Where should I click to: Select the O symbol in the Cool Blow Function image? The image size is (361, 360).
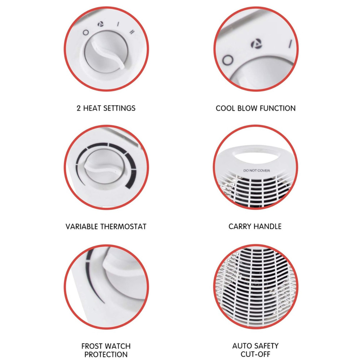pyautogui.click(x=227, y=60)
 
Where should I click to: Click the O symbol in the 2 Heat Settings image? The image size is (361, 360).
pyautogui.click(x=86, y=32)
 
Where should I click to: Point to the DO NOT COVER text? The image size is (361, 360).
pyautogui.click(x=257, y=170)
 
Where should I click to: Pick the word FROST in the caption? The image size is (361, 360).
pyautogui.click(x=93, y=346)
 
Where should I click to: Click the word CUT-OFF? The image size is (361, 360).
pyautogui.click(x=256, y=355)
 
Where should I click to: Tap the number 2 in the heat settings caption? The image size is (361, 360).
pyautogui.click(x=79, y=108)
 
